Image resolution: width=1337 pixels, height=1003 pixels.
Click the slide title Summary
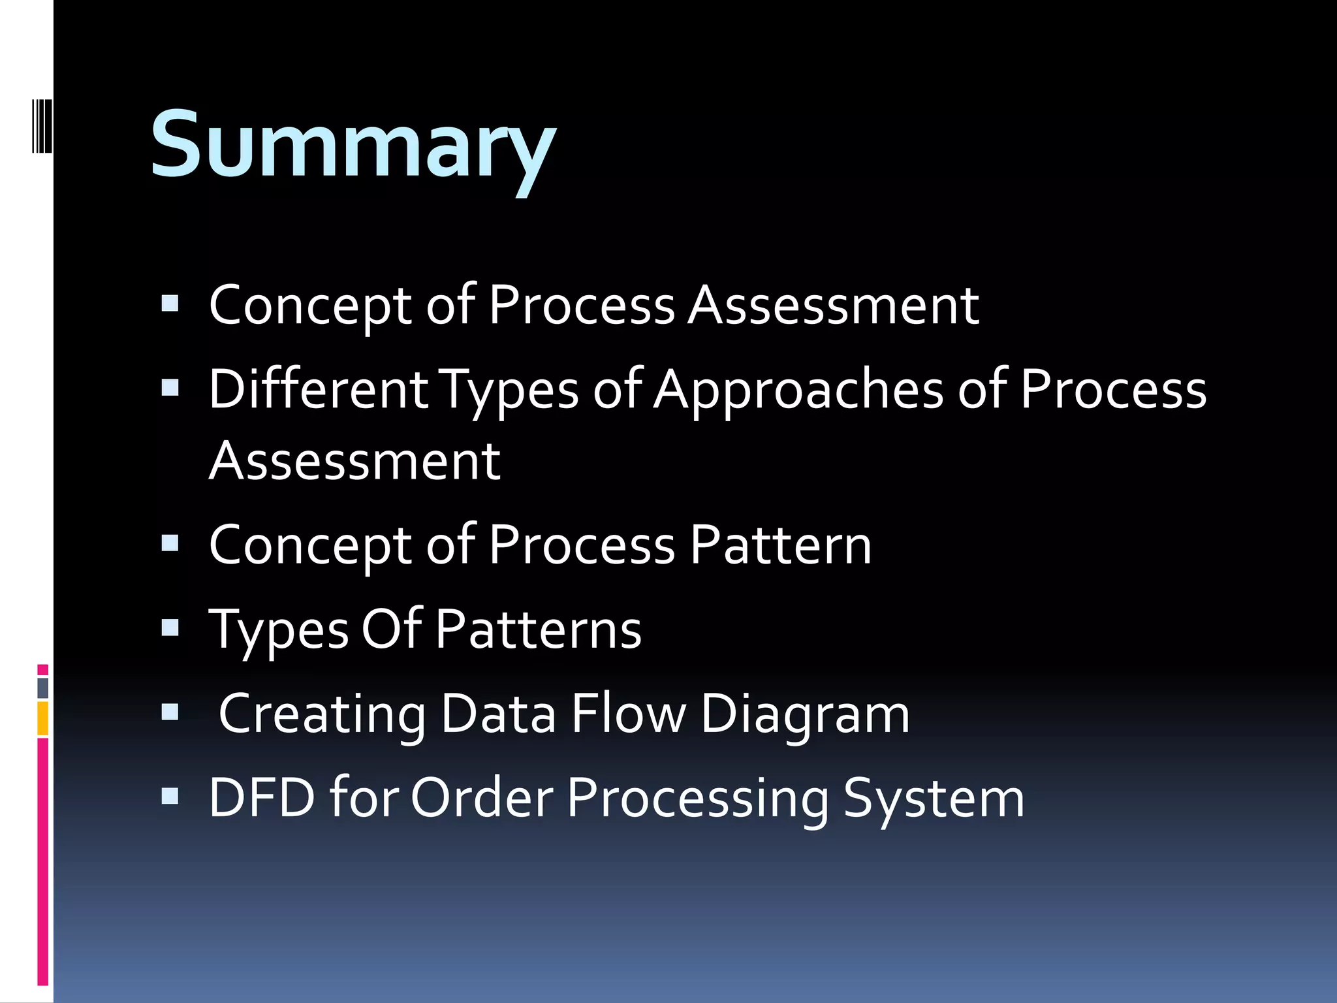coord(353,145)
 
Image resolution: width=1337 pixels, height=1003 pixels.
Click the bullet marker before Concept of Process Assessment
coord(170,304)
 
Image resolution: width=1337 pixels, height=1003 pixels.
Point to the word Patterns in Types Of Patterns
coord(538,629)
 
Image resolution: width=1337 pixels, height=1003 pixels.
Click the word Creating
coord(322,714)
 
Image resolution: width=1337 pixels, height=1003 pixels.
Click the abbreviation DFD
coord(262,797)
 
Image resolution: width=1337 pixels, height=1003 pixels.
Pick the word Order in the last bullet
coord(482,797)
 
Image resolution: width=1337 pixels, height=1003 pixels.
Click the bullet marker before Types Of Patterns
coord(170,628)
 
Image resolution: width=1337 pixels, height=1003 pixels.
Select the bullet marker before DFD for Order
coord(170,796)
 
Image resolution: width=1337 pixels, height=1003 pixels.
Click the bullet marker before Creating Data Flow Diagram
coord(170,712)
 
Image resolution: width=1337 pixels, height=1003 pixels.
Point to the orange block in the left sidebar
coord(42,718)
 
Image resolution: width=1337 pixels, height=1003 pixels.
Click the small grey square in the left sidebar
coord(42,688)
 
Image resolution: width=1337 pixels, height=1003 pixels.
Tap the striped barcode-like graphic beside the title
coord(42,125)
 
